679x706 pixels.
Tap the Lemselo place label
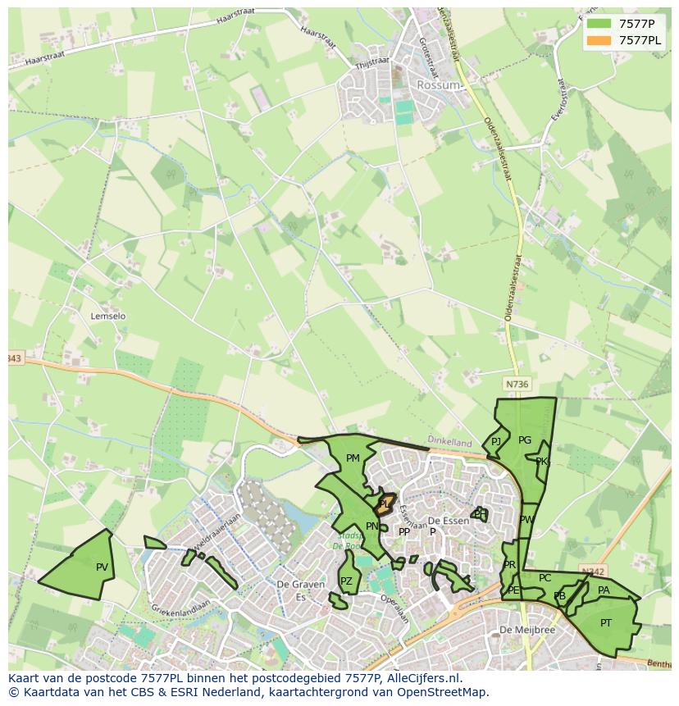[108, 316]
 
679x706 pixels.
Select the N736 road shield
[517, 384]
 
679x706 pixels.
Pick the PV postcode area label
[102, 567]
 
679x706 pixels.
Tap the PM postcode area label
[353, 458]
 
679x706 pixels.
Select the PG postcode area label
[525, 440]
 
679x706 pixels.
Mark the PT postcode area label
[605, 623]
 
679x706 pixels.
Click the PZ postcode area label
[346, 581]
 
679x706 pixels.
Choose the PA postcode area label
[604, 590]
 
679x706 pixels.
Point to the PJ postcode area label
[495, 442]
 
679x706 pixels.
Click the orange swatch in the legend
[599, 40]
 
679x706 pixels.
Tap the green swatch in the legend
[599, 24]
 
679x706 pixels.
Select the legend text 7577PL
[640, 40]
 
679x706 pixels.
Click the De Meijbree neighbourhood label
[527, 630]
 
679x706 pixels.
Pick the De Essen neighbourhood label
[449, 521]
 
